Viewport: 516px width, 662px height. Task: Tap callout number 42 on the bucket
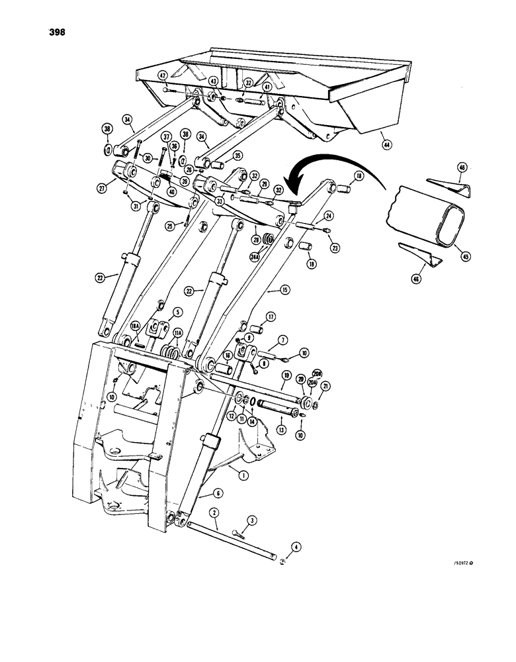[x=163, y=75]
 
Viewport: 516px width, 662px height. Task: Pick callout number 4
[x=278, y=546]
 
